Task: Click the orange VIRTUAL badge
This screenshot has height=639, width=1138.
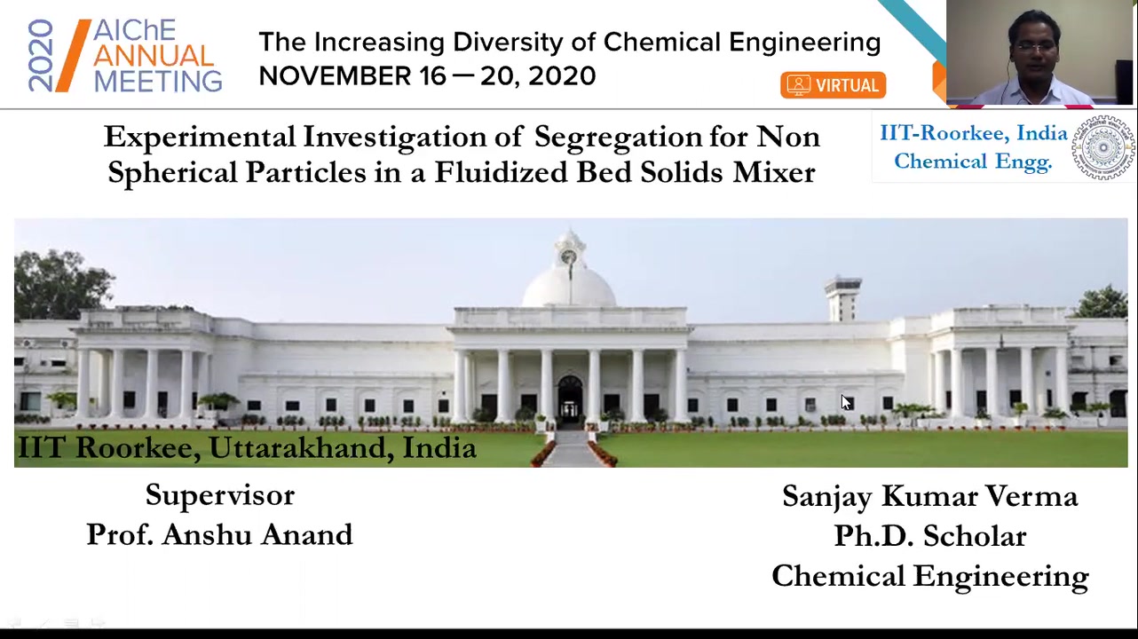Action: (x=834, y=85)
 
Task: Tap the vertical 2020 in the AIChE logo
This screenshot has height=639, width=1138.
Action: (x=41, y=56)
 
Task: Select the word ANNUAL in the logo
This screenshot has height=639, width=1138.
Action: (x=154, y=56)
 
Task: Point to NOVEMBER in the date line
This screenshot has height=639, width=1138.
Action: (x=335, y=76)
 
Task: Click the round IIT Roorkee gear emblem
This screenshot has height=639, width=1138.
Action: (x=1102, y=148)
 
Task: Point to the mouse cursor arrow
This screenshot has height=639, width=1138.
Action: (x=846, y=402)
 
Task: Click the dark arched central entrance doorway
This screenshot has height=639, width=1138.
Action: (x=570, y=398)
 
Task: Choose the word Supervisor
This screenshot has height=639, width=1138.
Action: (x=220, y=494)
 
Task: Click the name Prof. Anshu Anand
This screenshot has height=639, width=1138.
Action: (x=219, y=534)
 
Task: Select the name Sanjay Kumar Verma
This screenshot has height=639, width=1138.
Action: (x=929, y=496)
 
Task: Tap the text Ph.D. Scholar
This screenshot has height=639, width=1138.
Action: (x=929, y=535)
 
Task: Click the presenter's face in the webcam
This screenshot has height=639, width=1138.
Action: (x=1034, y=46)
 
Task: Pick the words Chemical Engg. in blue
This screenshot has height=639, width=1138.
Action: (x=972, y=162)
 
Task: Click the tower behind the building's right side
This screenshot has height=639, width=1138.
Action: (x=843, y=299)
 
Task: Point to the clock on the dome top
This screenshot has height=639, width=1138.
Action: (x=568, y=256)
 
